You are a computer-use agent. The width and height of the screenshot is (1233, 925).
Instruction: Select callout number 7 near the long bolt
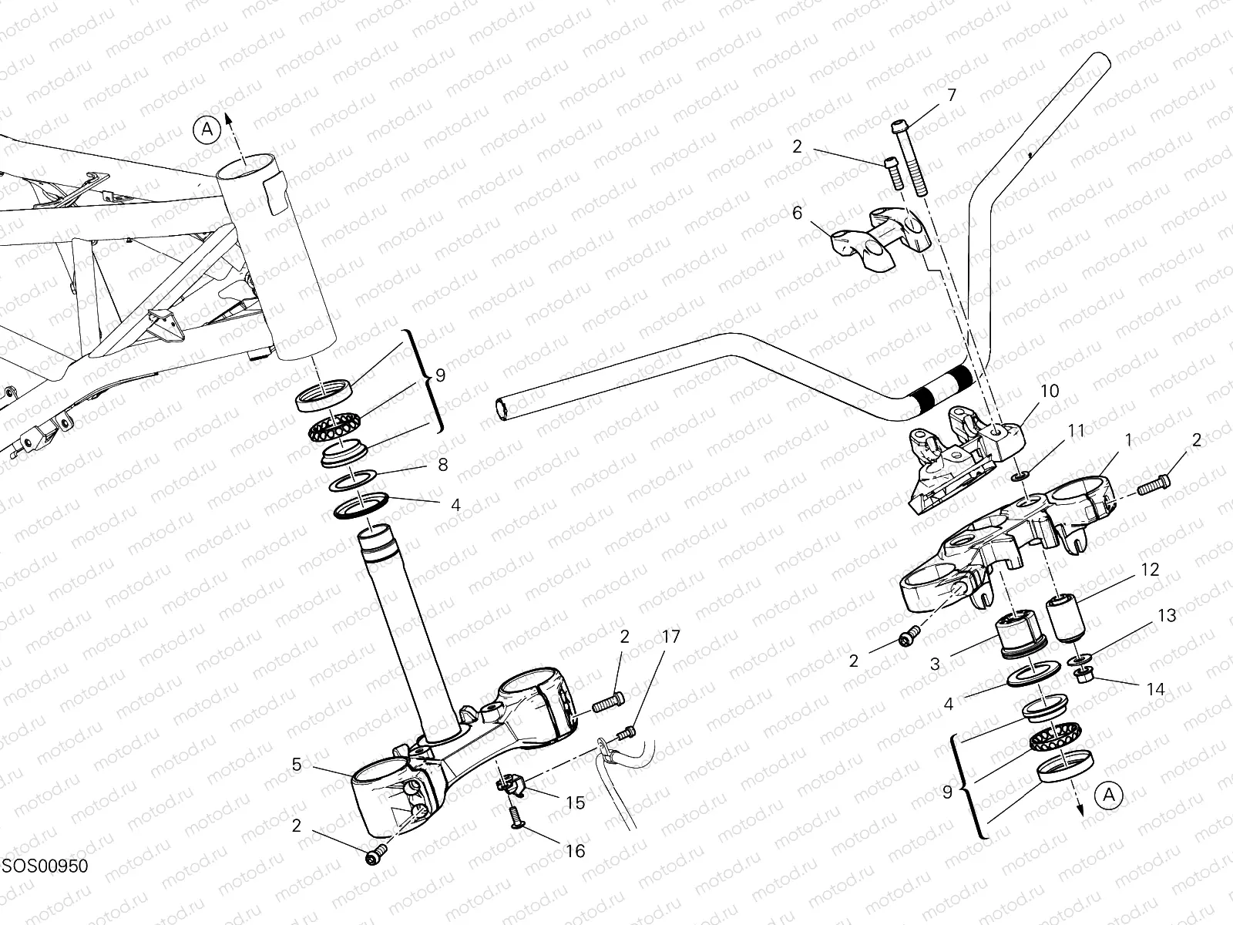[x=951, y=96]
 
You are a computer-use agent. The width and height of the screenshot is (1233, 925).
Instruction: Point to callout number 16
[x=575, y=850]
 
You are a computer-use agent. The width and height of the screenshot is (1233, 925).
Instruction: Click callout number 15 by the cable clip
[x=575, y=802]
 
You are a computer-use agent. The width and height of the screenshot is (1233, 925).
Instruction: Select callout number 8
[x=442, y=465]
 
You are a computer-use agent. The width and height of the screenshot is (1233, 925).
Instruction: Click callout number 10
[x=1050, y=392]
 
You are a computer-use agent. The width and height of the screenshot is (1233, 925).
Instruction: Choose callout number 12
[x=1149, y=570]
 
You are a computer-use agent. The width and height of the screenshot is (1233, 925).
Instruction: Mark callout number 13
[x=1167, y=615]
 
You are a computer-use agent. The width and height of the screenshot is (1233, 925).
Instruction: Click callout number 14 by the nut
[x=1154, y=688]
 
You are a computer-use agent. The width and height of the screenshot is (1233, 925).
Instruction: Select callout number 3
[x=935, y=663]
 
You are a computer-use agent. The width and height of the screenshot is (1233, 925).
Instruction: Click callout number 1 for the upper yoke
[x=1128, y=440]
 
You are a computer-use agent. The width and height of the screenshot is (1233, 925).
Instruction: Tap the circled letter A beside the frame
[x=207, y=129]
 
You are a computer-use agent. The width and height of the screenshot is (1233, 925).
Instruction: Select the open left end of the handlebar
[x=502, y=409]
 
